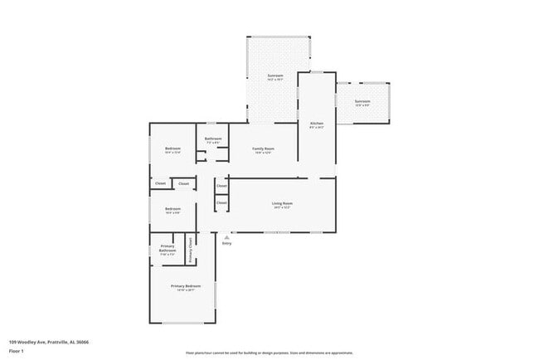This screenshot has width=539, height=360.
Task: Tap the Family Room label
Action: click(263, 148)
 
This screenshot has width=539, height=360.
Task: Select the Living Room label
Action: click(283, 203)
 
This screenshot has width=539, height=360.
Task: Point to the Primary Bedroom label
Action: click(187, 286)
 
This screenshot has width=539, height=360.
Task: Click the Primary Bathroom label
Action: click(168, 248)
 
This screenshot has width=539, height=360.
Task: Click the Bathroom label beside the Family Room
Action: click(213, 139)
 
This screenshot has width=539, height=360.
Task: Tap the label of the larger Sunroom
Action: click(275, 75)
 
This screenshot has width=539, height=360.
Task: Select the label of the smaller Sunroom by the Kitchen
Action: click(362, 101)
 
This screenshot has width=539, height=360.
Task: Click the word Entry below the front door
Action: click(227, 243)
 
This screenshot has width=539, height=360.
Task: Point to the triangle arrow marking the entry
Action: click(227, 237)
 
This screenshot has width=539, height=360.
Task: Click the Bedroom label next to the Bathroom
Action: click(172, 148)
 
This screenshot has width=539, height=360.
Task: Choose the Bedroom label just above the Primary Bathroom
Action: click(172, 208)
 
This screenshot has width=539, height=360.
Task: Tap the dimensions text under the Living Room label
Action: click(283, 207)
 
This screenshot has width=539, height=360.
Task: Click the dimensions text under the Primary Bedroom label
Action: click(187, 290)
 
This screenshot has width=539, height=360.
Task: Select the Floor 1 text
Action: click(17, 351)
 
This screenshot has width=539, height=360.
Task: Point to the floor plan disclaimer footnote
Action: click(269, 352)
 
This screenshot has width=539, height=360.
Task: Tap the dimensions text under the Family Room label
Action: click(263, 153)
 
